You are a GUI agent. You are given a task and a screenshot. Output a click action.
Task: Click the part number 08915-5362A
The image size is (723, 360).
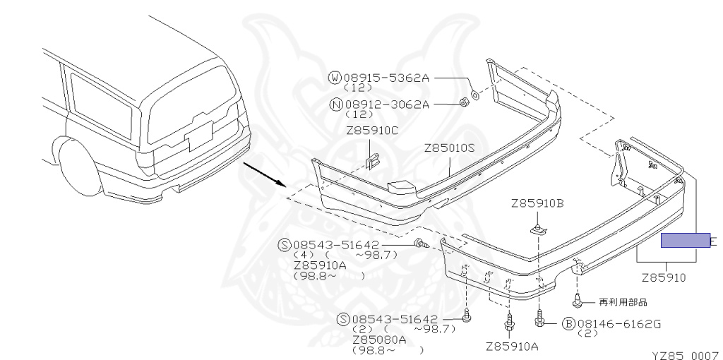click(x=386, y=77)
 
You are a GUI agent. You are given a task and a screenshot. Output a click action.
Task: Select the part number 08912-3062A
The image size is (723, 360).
click(x=386, y=104)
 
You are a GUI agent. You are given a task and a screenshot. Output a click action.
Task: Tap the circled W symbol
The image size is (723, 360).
click(x=335, y=77)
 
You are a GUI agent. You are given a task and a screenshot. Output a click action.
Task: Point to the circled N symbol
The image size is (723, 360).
click(x=335, y=104)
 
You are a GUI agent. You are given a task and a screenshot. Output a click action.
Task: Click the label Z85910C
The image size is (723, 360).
click(x=372, y=131)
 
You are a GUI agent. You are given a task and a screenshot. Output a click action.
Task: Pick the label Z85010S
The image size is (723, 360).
click(x=450, y=149)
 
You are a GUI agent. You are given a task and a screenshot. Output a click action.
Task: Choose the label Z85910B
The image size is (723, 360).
click(x=537, y=205)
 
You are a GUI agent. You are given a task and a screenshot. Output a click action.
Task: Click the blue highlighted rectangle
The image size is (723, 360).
click(x=685, y=241)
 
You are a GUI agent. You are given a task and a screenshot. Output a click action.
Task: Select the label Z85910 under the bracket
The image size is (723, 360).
click(x=663, y=278)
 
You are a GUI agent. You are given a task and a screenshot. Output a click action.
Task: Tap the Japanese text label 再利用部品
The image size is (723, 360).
click(x=622, y=301)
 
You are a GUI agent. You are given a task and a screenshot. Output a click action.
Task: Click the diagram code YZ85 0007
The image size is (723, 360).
click(x=684, y=350)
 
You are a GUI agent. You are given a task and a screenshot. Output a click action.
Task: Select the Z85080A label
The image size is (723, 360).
click(x=379, y=340)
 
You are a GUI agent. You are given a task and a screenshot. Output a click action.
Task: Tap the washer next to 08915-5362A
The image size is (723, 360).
click(x=474, y=93)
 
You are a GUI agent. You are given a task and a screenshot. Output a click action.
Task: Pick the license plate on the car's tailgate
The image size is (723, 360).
click(x=199, y=134)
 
